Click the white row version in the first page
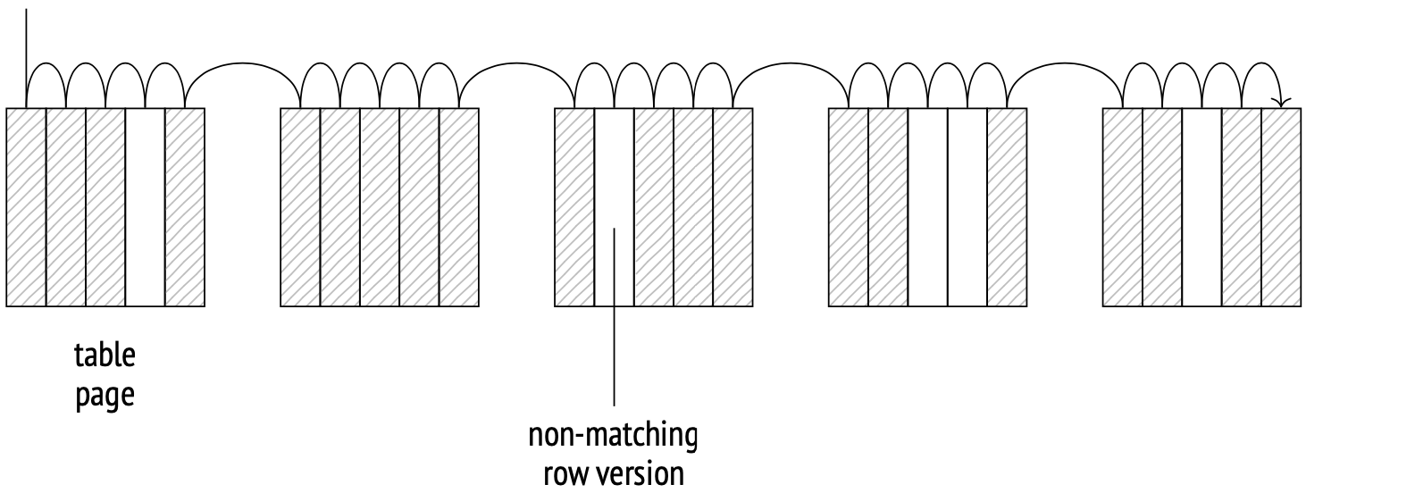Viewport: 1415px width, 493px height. (x=146, y=207)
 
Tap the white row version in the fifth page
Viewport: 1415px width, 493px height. (x=1201, y=207)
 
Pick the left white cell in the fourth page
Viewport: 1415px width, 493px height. (x=928, y=207)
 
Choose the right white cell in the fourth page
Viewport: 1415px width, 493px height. (x=967, y=207)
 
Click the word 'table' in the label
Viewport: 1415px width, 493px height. (x=105, y=355)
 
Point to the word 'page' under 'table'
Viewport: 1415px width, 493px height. (x=105, y=395)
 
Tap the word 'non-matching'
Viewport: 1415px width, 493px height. (x=613, y=436)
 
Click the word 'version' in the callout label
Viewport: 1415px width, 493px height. (x=640, y=472)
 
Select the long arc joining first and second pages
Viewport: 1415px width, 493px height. (x=242, y=64)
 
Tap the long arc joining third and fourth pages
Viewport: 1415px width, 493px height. (x=791, y=64)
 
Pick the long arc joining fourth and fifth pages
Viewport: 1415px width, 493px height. (x=1065, y=64)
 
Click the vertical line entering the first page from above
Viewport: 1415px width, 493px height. (x=27, y=45)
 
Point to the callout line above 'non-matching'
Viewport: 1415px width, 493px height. (x=615, y=357)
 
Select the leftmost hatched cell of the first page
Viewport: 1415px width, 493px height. (x=27, y=207)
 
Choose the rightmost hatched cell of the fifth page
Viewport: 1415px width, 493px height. (x=1281, y=207)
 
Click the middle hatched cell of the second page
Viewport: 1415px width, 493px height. (x=380, y=207)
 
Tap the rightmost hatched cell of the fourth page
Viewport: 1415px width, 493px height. (x=1007, y=207)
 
